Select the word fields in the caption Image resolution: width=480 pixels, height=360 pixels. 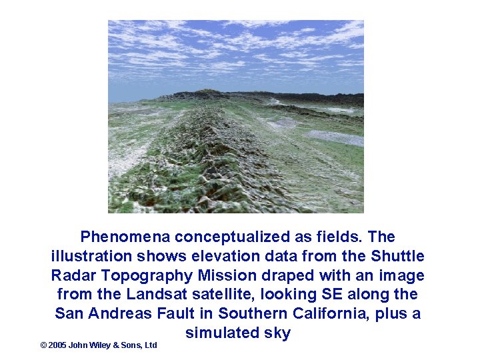tap(341, 237)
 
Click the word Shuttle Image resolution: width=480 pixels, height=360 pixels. tap(398, 256)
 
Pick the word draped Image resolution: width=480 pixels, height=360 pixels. tap(288, 275)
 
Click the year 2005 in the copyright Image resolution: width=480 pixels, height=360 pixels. tap(57, 345)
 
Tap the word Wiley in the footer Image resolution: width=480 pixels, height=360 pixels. tap(101, 345)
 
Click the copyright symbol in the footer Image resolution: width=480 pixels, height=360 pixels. tap(43, 345)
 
